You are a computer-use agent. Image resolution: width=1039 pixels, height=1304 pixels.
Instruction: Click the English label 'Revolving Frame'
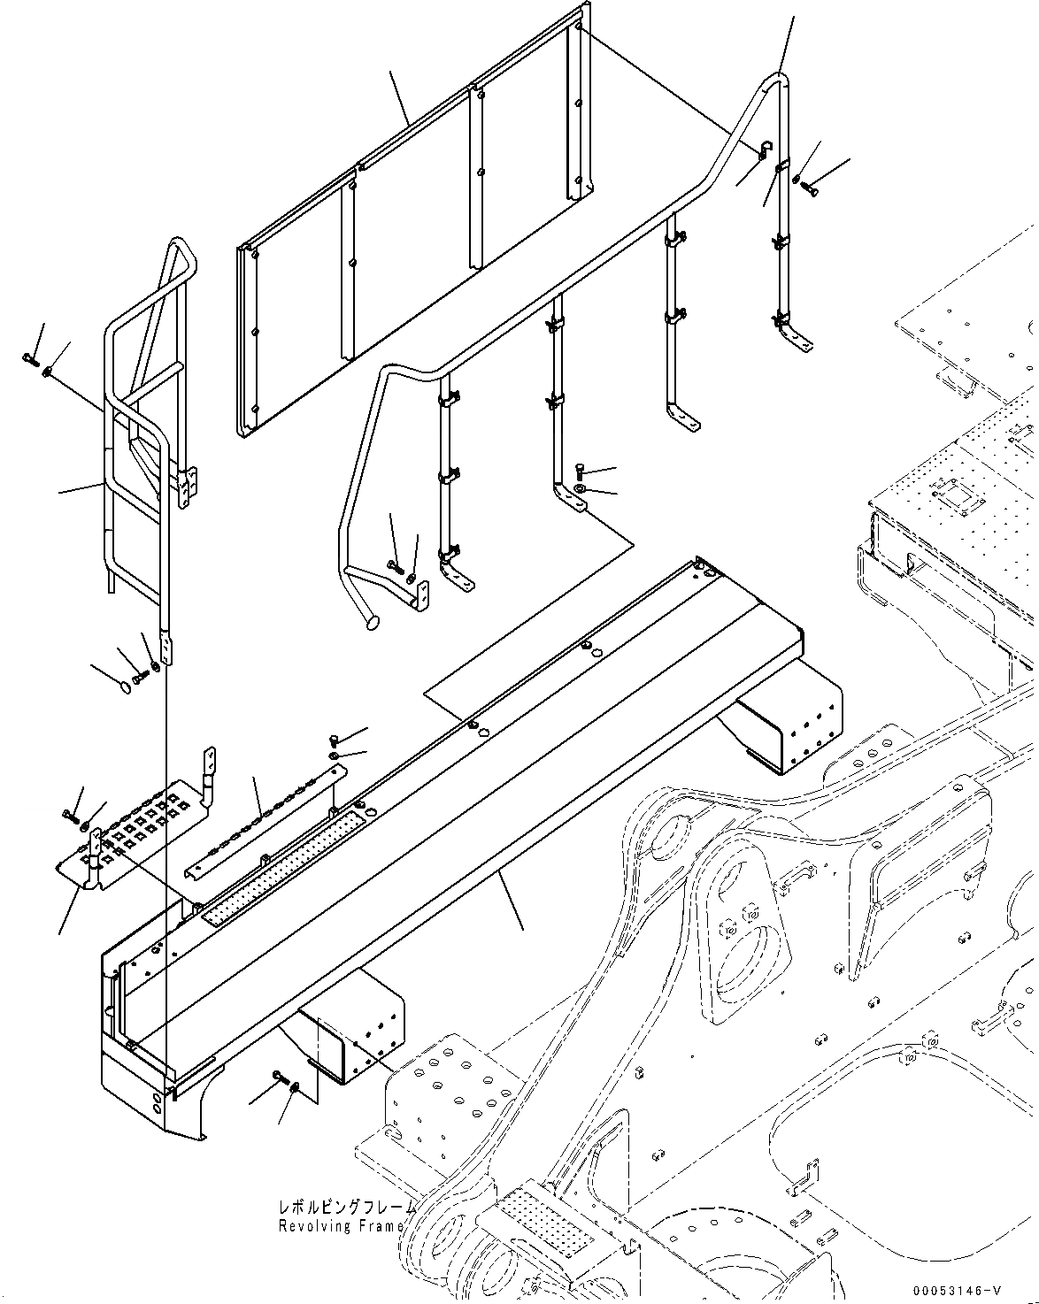point(341,1226)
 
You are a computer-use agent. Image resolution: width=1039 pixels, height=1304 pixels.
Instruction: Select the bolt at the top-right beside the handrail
point(809,186)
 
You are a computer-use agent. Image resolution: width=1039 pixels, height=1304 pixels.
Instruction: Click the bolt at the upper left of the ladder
point(28,358)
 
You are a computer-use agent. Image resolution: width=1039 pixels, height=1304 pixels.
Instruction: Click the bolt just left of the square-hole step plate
point(69,813)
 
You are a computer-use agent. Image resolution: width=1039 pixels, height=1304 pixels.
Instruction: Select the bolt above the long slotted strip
point(334,740)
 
